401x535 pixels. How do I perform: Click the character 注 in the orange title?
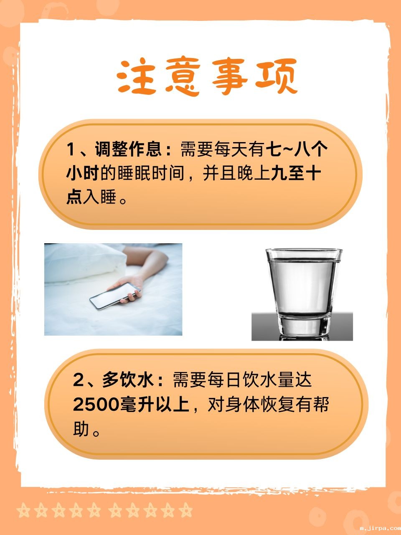(x=136, y=77)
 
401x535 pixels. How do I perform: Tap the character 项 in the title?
(x=276, y=76)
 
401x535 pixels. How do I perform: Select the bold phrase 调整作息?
(x=128, y=149)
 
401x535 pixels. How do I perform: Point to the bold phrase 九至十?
(x=296, y=173)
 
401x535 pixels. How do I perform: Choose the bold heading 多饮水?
(x=128, y=380)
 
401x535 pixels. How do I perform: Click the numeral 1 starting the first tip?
(x=71, y=149)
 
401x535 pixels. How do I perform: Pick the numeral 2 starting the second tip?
(x=79, y=380)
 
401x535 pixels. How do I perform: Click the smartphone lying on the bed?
(x=115, y=296)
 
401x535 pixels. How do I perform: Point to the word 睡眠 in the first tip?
(x=135, y=173)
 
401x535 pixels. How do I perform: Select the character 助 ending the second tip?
(x=81, y=429)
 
